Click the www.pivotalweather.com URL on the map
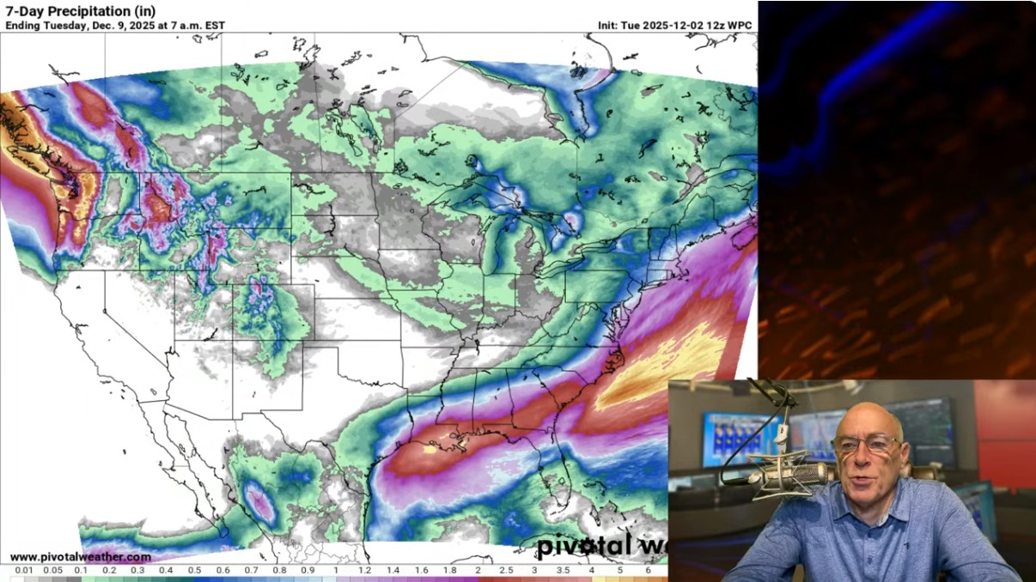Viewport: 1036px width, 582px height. pos(81,557)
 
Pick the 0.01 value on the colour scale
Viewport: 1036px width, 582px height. pos(23,570)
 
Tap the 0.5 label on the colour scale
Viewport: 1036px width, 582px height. pos(194,570)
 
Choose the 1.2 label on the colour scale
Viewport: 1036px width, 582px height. pos(364,570)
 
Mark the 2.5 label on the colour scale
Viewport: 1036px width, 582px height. pos(506,570)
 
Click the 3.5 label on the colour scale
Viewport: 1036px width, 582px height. pos(563,570)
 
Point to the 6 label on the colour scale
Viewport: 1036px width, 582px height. pos(648,570)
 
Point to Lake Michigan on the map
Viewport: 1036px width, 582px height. pos(494,249)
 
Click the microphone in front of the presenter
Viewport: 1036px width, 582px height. pos(786,475)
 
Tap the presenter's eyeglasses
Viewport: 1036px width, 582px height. pos(869,445)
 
